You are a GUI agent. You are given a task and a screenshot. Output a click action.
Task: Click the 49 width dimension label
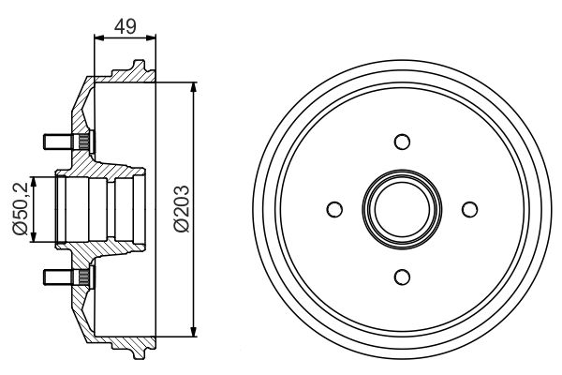(124, 27)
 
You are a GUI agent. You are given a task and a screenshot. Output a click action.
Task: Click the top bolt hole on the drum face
(402, 142)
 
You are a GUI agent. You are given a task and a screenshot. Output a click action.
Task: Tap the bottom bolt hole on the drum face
(402, 276)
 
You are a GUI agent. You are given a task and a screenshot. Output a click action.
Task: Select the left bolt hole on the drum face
(334, 208)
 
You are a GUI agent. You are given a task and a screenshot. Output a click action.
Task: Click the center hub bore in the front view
(402, 208)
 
